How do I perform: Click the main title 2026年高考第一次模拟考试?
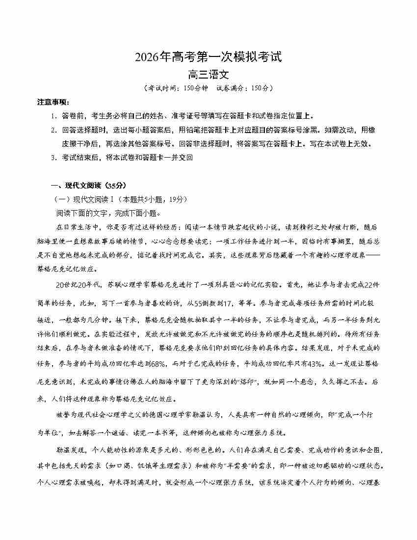(x=208, y=57)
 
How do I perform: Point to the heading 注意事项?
(x=53, y=102)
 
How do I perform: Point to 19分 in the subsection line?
(x=162, y=199)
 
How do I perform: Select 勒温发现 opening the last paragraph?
(x=70, y=450)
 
